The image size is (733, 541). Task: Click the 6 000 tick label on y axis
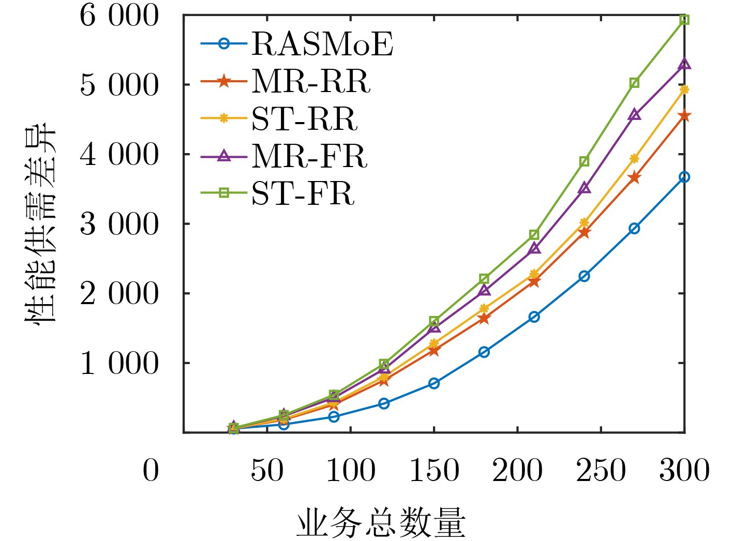118,16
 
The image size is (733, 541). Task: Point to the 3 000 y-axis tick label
118,224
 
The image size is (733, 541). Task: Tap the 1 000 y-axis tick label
118,364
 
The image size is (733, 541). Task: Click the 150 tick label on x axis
434,471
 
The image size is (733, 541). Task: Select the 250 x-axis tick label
601,471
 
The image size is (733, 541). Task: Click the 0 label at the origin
151,471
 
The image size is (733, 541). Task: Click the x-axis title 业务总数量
381,523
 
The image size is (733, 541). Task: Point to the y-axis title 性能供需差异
40,223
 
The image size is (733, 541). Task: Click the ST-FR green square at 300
684,20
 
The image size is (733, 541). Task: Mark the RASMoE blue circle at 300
684,177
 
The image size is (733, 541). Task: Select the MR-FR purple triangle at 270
634,115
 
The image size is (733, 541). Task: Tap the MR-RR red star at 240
584,232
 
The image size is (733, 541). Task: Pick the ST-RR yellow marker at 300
684,89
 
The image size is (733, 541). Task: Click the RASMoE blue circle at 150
434,383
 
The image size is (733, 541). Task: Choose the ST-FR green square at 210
534,235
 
